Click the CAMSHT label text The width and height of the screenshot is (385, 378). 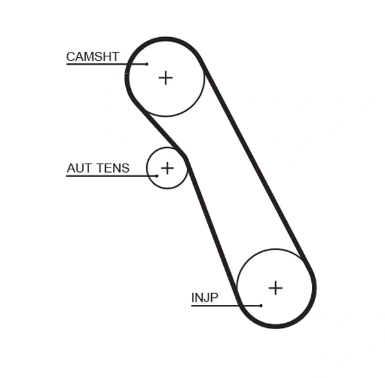(x=92, y=56)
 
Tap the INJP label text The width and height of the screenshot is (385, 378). (x=205, y=298)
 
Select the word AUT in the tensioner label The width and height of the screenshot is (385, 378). (x=79, y=168)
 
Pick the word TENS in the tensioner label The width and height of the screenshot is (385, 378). (x=112, y=168)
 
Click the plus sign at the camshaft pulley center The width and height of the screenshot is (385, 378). (x=166, y=78)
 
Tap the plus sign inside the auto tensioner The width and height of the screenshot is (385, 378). (x=167, y=168)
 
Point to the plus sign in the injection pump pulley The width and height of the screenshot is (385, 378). (x=275, y=288)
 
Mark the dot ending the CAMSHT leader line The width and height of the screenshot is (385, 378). (x=147, y=64)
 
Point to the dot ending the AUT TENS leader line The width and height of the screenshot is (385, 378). (x=157, y=176)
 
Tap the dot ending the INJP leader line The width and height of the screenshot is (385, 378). (x=261, y=305)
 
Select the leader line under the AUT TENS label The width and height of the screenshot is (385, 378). (x=109, y=176)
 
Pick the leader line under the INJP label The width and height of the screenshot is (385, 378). (x=225, y=305)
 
